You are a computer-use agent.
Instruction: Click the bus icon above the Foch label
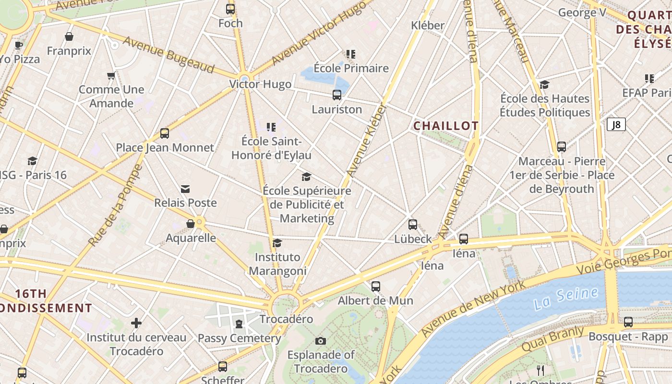[230, 9]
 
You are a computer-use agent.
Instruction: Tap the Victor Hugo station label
[260, 84]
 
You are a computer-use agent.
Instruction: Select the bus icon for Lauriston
[337, 95]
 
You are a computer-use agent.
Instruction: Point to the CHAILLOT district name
[446, 126]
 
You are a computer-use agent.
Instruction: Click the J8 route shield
[616, 125]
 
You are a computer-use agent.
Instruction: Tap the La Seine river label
[566, 298]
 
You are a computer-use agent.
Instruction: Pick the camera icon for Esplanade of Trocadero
[321, 341]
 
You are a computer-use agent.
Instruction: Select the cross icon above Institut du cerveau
[136, 323]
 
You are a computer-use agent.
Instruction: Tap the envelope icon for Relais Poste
[185, 189]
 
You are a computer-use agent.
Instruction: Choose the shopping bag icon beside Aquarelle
[191, 224]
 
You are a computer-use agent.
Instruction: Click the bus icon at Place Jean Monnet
[165, 133]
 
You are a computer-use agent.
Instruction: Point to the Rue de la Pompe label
[115, 205]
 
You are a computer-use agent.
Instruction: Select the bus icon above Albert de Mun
[376, 287]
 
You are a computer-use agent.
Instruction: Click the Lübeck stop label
[413, 239]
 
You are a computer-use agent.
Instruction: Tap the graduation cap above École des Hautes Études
[544, 85]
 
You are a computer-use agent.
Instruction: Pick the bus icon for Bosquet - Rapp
[628, 322]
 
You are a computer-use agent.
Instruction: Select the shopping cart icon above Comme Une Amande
[111, 75]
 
